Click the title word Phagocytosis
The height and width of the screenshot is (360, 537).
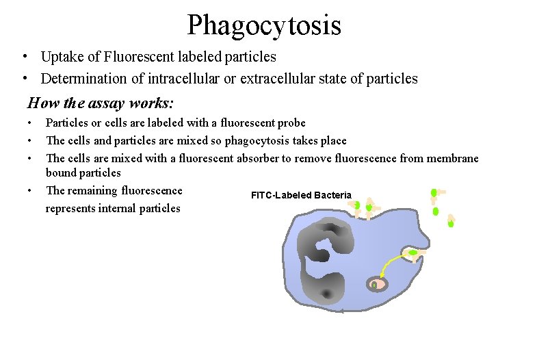(x=264, y=26)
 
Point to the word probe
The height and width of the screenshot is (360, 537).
(x=290, y=123)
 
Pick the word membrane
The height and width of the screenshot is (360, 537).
(x=454, y=159)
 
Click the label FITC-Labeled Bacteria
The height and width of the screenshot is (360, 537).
(x=301, y=196)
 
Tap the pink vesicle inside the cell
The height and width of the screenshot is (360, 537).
(x=376, y=284)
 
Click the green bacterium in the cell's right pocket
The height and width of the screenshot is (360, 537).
(x=413, y=253)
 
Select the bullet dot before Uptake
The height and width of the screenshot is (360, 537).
(x=24, y=57)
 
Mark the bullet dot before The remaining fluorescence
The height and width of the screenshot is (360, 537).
(x=29, y=191)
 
